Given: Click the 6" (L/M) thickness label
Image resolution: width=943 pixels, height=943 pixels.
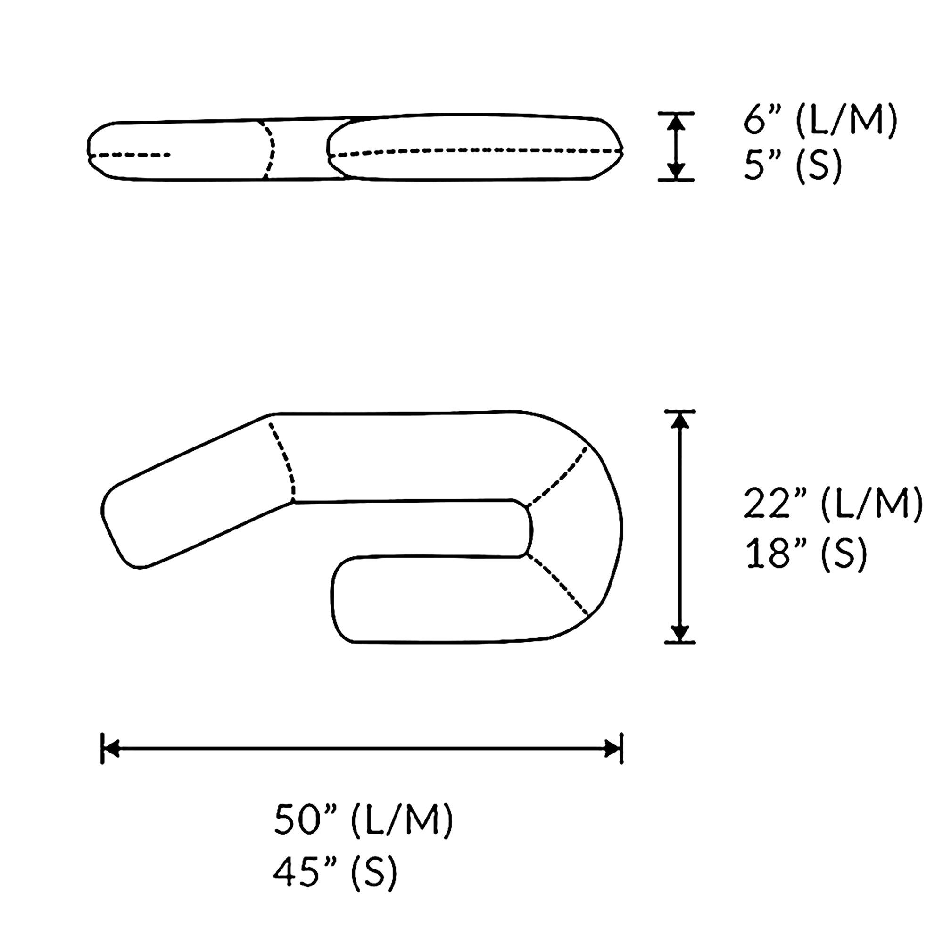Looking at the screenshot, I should click(820, 120).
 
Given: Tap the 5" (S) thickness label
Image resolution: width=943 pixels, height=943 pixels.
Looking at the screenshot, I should click(793, 166).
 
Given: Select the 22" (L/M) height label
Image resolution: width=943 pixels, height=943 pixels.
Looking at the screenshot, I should click(833, 503).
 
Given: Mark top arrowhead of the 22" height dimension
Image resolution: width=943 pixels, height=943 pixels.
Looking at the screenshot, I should click(680, 420).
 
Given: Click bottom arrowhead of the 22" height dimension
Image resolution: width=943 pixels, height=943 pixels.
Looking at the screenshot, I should click(680, 633).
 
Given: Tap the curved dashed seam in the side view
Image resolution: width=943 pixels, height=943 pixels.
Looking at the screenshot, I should click(269, 149).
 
